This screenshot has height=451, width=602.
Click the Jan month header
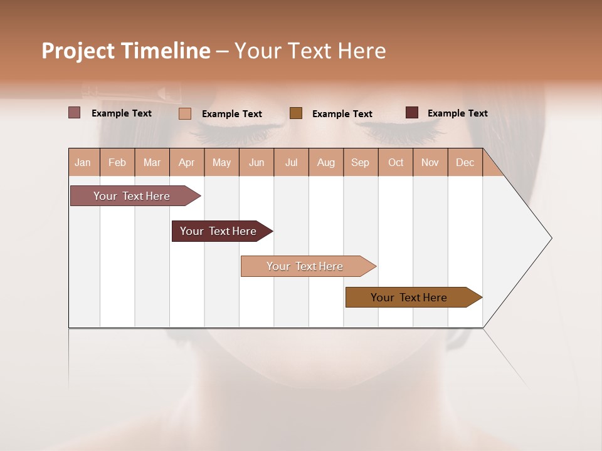coord(83,162)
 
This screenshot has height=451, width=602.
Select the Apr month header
coord(187,162)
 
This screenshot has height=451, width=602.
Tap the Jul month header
coord(291,162)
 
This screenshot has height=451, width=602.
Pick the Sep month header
coord(360,162)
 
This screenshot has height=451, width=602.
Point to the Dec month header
coord(465,162)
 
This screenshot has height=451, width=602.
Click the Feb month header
coord(117,162)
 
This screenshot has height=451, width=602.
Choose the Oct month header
coord(396,162)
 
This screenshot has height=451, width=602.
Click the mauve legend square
coord(75,113)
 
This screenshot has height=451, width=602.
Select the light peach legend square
coord(185,113)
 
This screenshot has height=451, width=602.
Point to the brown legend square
coord(296,113)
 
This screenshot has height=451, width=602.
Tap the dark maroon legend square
coord(412,113)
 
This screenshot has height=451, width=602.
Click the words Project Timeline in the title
coord(126,51)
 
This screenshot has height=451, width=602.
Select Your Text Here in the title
coord(310,51)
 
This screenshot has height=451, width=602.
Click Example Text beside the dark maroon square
coord(457,113)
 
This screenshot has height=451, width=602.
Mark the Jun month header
coord(256,162)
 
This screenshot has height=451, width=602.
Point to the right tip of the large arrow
coord(551,238)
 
